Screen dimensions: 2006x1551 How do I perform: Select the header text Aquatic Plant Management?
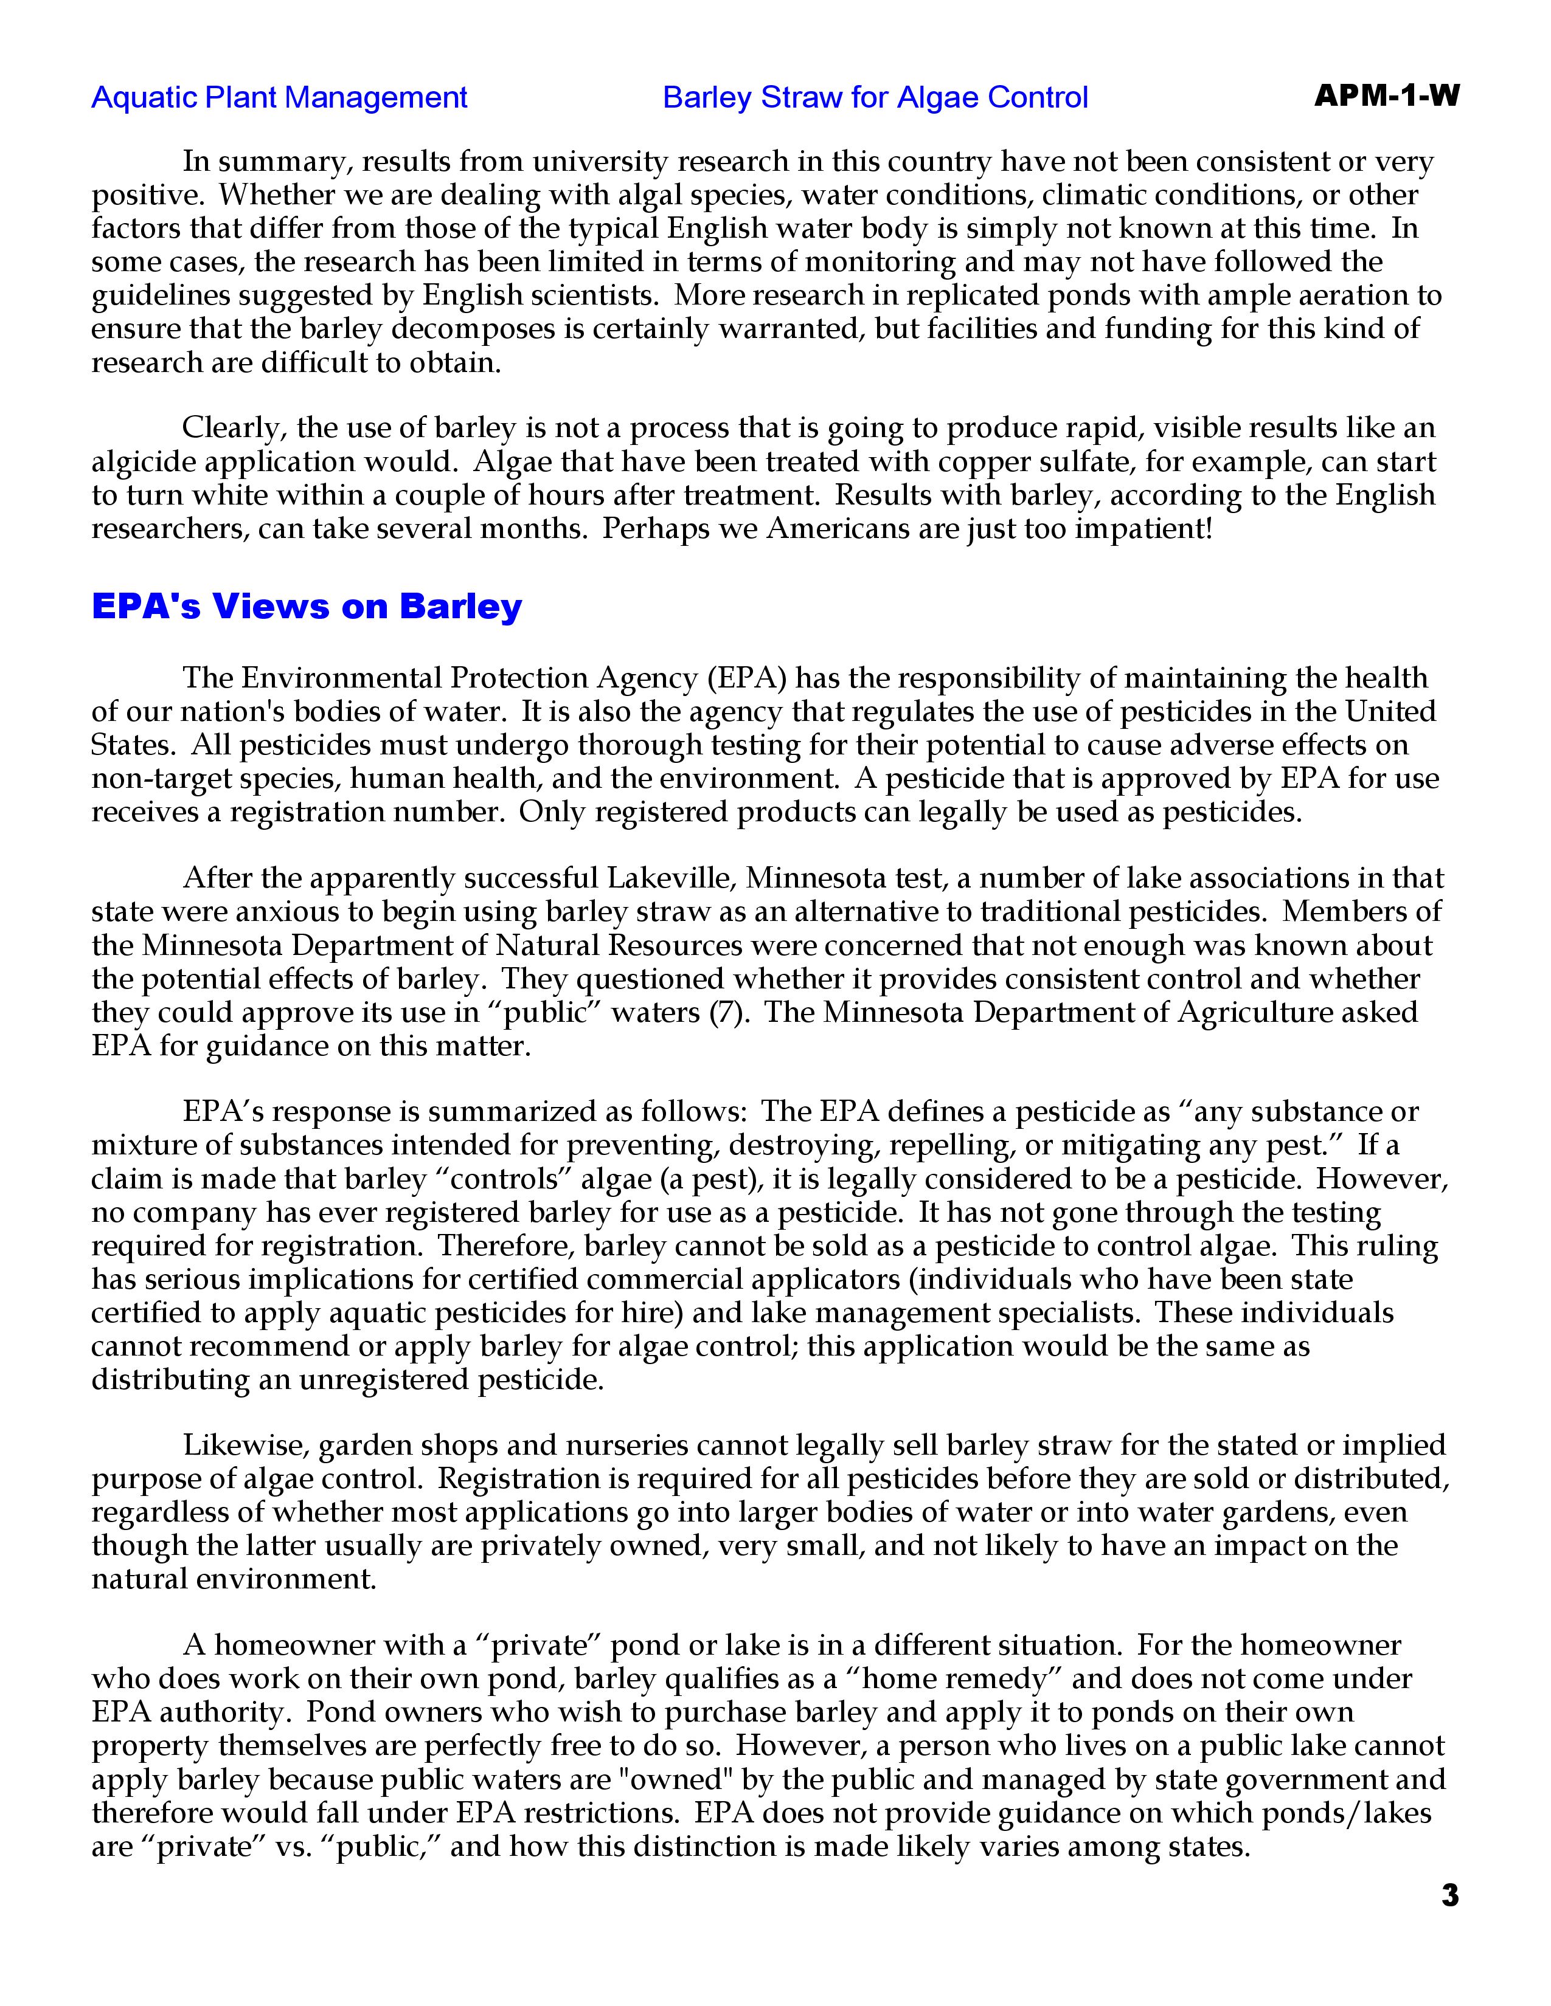[x=279, y=97]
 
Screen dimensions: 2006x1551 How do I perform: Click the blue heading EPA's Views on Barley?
[x=307, y=607]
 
